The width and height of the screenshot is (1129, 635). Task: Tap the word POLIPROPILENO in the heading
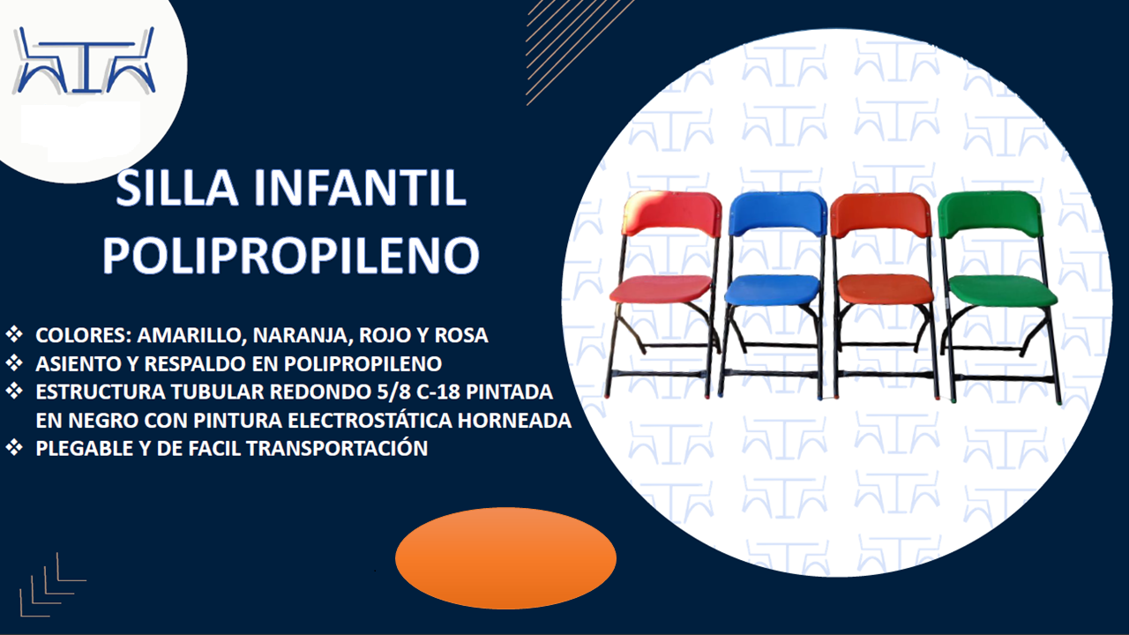(x=291, y=253)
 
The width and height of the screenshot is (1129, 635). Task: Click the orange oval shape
(x=505, y=557)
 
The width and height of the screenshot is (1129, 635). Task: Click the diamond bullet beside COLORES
(x=15, y=335)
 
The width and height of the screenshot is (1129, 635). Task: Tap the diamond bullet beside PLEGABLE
(x=15, y=447)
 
